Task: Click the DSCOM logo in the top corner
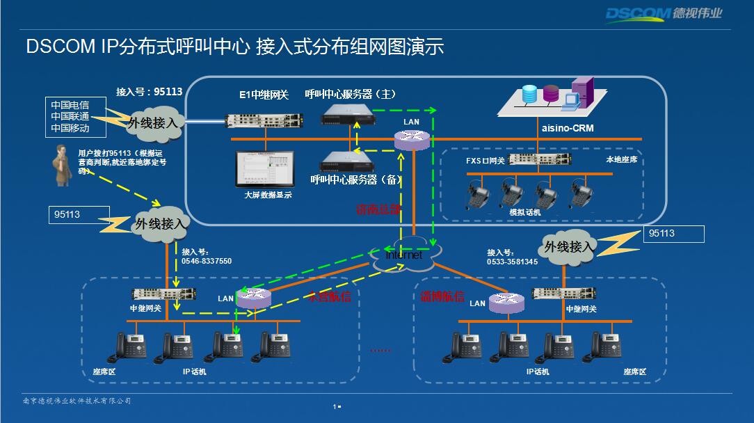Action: [664, 14]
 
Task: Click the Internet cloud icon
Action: [404, 255]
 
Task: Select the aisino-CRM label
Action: [568, 128]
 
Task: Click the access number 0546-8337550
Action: [207, 262]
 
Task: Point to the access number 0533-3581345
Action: [512, 262]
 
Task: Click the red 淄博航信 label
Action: [442, 296]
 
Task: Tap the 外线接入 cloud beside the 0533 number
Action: [569, 246]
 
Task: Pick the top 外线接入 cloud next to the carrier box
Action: [154, 122]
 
